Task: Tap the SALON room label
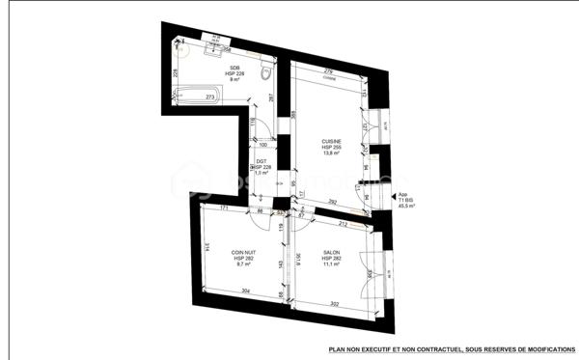pos(331,253)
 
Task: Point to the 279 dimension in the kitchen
pos(327,70)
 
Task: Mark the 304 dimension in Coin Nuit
pos(246,291)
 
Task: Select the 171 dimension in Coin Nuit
pos(223,208)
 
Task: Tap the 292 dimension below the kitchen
pos(331,201)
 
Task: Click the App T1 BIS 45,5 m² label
pos(406,200)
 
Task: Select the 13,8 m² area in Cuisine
pos(332,153)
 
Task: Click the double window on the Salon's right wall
pos(371,275)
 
